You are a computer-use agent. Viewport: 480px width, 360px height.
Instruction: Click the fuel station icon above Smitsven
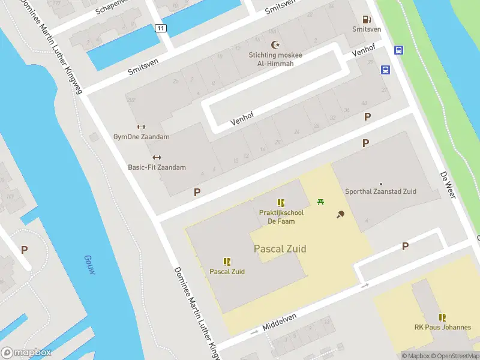(x=366, y=19)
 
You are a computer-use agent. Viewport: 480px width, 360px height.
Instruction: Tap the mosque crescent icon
(x=276, y=45)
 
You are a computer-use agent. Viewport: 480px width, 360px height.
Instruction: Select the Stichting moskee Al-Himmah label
(x=275, y=59)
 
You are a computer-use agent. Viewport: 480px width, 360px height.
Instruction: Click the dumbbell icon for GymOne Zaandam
(x=141, y=127)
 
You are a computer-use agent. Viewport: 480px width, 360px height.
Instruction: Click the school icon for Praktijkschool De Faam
(x=281, y=203)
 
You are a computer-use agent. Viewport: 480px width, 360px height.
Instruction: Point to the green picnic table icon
(x=320, y=202)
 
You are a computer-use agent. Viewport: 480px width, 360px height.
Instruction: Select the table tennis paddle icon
(x=340, y=214)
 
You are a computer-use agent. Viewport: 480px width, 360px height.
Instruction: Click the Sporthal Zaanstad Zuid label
(x=380, y=191)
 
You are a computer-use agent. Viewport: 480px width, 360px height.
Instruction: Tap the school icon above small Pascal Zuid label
(x=227, y=262)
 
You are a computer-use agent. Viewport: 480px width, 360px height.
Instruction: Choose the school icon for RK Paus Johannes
(x=442, y=317)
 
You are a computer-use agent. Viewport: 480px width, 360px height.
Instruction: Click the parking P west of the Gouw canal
(x=24, y=250)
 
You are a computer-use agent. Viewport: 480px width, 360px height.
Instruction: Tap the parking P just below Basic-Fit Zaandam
(x=197, y=193)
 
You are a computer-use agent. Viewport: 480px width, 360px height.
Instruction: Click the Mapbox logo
(x=26, y=353)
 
